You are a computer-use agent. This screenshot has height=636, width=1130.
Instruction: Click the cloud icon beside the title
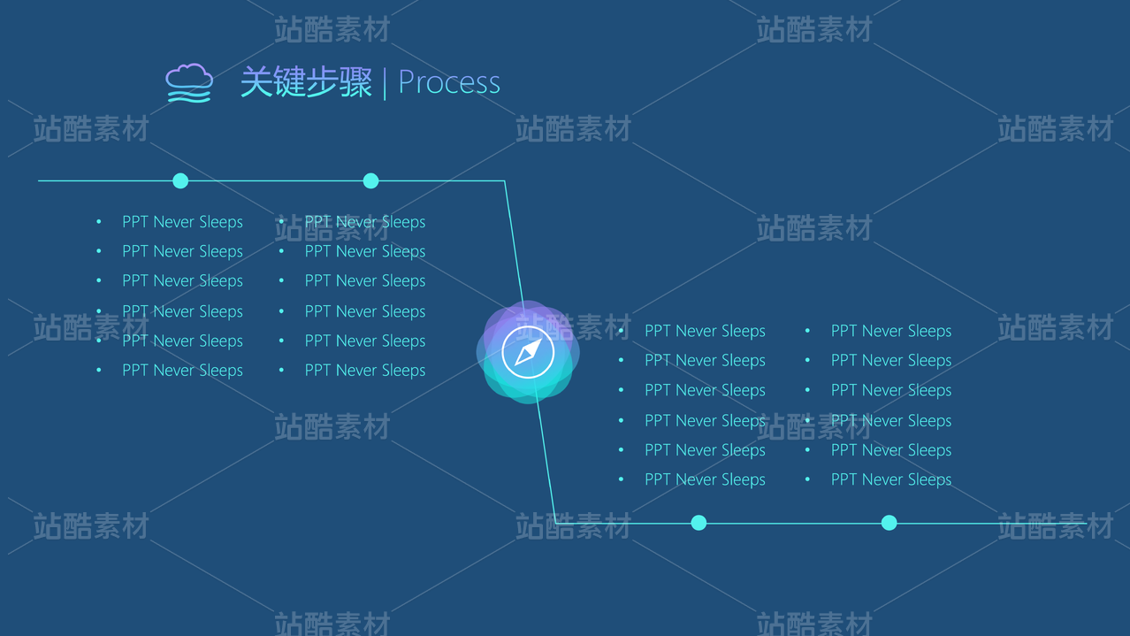[189, 83]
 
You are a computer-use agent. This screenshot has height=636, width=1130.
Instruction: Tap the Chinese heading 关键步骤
[306, 81]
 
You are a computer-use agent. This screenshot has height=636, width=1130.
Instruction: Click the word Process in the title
[449, 82]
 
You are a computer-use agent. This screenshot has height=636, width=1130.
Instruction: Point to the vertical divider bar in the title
[385, 83]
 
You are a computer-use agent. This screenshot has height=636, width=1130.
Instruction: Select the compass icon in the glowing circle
[528, 352]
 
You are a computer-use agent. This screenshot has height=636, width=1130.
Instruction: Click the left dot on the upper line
[180, 180]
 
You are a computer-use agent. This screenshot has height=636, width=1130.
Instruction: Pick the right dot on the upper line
[370, 180]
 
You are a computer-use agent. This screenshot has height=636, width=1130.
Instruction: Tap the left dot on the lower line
[699, 523]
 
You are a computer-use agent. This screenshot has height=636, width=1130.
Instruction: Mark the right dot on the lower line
[889, 523]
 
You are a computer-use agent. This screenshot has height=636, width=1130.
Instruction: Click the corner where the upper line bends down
[505, 180]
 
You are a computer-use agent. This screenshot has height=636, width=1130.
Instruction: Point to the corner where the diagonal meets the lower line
[555, 523]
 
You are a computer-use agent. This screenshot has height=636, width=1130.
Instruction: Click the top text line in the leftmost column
[183, 222]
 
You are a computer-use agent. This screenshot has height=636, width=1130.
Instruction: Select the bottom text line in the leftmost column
[183, 371]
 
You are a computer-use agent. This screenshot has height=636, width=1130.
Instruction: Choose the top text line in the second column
[365, 222]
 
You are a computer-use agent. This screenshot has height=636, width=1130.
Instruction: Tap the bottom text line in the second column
[365, 371]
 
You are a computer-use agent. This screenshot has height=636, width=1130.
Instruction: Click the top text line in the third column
[706, 331]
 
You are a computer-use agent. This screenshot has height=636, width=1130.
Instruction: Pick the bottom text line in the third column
[706, 479]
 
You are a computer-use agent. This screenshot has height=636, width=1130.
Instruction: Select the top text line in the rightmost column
[891, 331]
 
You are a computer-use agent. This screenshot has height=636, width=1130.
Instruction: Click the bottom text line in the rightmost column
[891, 479]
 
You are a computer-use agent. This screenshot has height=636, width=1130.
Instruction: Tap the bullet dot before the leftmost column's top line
[99, 221]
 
